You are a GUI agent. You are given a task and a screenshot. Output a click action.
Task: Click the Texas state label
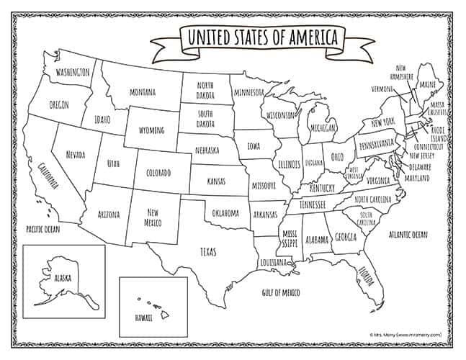pyautogui.click(x=207, y=251)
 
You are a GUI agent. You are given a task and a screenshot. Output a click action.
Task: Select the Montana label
pyautogui.click(x=143, y=92)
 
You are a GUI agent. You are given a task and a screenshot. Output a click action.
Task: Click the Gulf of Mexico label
pyautogui.click(x=280, y=292)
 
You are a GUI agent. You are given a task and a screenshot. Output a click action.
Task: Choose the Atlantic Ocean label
pyautogui.click(x=408, y=235)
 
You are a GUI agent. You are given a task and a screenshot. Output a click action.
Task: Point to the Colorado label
pyautogui.click(x=158, y=174)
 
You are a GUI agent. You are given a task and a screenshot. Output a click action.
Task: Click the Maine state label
pyautogui.click(x=428, y=85)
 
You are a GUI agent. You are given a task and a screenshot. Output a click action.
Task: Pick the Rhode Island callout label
pyautogui.click(x=439, y=134)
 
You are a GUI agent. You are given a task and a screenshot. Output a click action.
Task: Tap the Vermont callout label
pyautogui.click(x=382, y=89)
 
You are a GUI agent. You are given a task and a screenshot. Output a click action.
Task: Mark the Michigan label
pyautogui.click(x=323, y=127)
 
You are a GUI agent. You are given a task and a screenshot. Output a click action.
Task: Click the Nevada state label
pyautogui.click(x=74, y=155)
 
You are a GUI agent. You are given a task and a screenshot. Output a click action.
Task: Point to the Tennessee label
pyautogui.click(x=313, y=204)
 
